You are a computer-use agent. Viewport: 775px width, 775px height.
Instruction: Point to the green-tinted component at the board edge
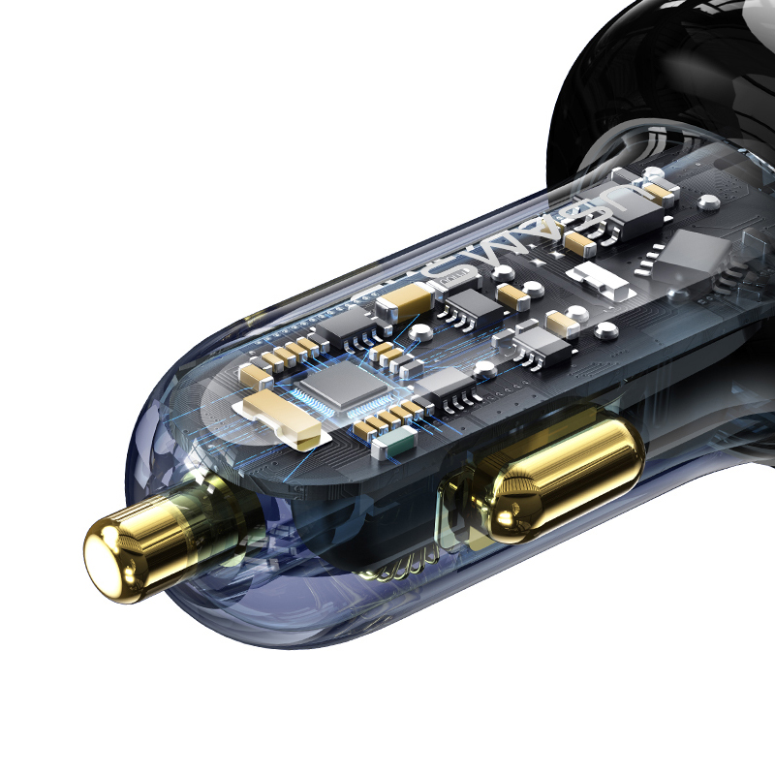pyautogui.click(x=395, y=443)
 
